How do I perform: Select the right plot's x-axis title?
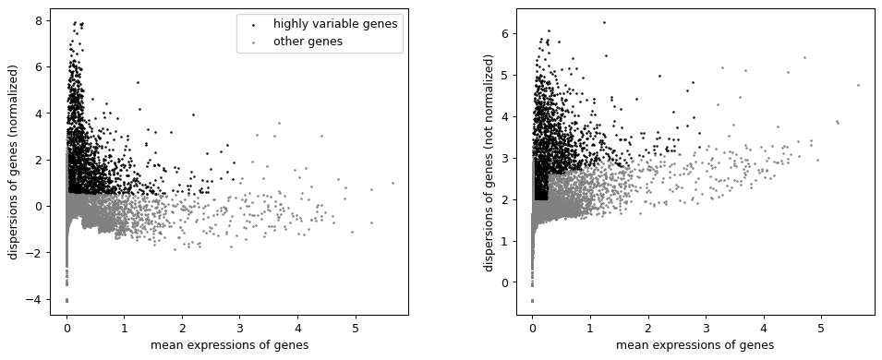(x=695, y=345)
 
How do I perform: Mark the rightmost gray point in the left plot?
(x=392, y=183)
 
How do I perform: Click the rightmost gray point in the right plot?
(x=858, y=85)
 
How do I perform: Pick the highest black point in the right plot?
(x=604, y=22)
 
